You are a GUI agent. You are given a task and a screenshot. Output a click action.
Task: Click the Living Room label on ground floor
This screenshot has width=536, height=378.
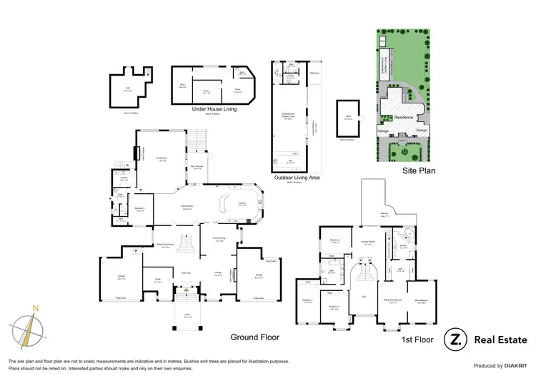pyautogui.click(x=161, y=160)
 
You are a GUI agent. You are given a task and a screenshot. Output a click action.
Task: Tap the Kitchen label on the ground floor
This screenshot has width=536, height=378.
pyautogui.click(x=242, y=205)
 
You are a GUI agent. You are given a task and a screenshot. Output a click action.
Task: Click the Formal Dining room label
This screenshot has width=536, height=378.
pyautogui.click(x=219, y=240)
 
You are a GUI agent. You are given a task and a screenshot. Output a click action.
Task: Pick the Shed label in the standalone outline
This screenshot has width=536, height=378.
pyautogui.click(x=348, y=118)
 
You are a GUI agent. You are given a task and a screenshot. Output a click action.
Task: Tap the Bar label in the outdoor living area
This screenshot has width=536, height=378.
pyautogui.click(x=289, y=161)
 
